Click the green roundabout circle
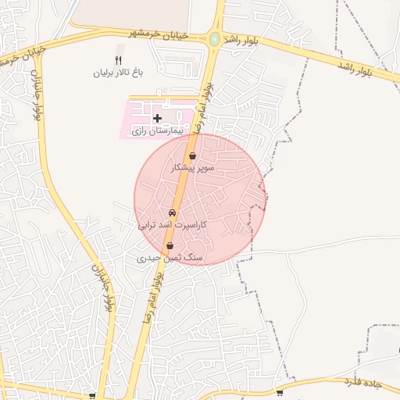click(214, 38)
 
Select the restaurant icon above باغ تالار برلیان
click(119, 60)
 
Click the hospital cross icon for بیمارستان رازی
click(158, 118)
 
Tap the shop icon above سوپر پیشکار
click(192, 156)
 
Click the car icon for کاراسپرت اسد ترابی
click(172, 212)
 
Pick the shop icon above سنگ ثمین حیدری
click(170, 245)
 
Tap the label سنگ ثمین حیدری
click(170, 257)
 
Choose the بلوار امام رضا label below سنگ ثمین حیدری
click(152, 299)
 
